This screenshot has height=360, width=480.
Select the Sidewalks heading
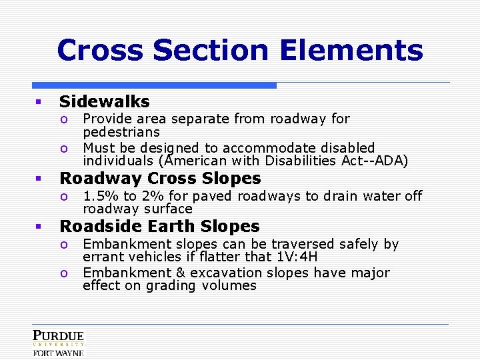point(104,101)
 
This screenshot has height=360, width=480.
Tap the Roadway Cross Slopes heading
point(160,179)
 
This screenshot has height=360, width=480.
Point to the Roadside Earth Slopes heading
point(159,227)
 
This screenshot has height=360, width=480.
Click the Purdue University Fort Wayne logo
point(59,343)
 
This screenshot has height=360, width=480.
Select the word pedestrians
point(121,132)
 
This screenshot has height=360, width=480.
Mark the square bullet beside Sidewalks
point(39,102)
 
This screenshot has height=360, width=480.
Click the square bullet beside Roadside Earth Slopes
point(39,227)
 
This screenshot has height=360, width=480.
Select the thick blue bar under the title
point(154,85)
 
